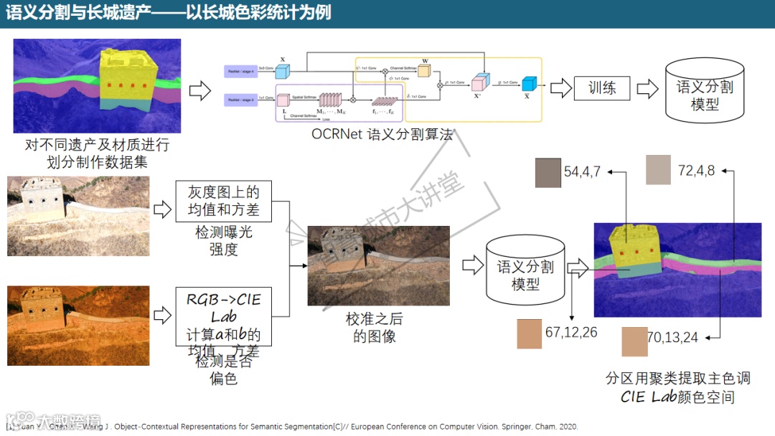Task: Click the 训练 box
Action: [601, 88]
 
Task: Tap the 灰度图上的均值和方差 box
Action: [223, 202]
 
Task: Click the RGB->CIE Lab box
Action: [223, 316]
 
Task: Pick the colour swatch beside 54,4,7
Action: [548, 173]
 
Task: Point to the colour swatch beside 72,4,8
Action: [658, 170]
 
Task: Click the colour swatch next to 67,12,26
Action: [529, 333]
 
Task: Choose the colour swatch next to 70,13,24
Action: [634, 341]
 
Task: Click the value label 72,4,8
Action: [696, 171]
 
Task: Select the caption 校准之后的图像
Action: [374, 328]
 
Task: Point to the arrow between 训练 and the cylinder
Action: [647, 89]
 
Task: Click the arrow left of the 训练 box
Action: [558, 88]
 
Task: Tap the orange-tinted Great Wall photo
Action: [78, 326]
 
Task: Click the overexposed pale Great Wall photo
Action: [78, 215]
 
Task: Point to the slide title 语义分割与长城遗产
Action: [169, 12]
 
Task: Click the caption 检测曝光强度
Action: [223, 241]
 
